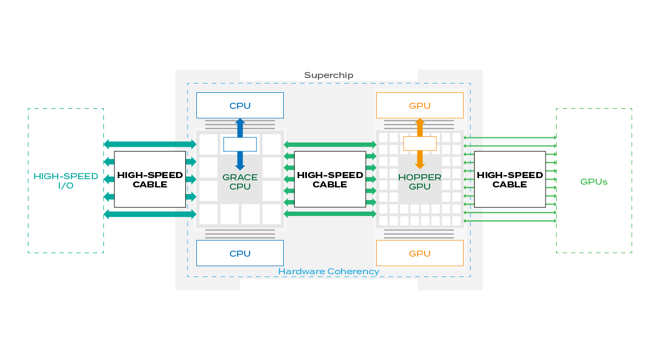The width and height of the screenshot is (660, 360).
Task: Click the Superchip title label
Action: tap(328, 75)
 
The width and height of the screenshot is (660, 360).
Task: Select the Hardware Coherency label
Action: tap(328, 272)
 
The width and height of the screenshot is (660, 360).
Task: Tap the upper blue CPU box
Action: tap(240, 105)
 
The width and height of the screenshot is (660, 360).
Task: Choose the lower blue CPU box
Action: tap(240, 253)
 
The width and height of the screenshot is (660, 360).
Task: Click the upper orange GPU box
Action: tap(420, 105)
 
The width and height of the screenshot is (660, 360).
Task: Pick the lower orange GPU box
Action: tap(420, 253)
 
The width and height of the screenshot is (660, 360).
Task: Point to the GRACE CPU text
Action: tap(240, 182)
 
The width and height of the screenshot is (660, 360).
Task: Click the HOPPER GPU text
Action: tap(420, 182)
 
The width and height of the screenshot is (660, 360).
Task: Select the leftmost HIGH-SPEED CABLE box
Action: tap(150, 180)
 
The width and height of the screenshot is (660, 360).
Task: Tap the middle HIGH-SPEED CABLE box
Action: tap(330, 180)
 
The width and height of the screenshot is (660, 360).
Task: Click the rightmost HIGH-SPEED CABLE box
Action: tap(510, 180)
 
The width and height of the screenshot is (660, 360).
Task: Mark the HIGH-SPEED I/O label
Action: tap(66, 181)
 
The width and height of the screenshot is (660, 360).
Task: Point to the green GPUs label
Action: tap(594, 181)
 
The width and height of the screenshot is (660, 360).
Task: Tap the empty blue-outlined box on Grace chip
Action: tap(240, 144)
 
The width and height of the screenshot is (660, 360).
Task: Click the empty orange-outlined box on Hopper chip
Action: tap(420, 143)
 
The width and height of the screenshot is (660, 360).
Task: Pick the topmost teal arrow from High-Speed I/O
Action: tap(150, 144)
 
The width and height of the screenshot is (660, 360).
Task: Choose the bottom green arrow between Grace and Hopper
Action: tap(330, 214)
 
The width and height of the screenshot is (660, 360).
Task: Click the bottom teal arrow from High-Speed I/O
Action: tap(150, 214)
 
